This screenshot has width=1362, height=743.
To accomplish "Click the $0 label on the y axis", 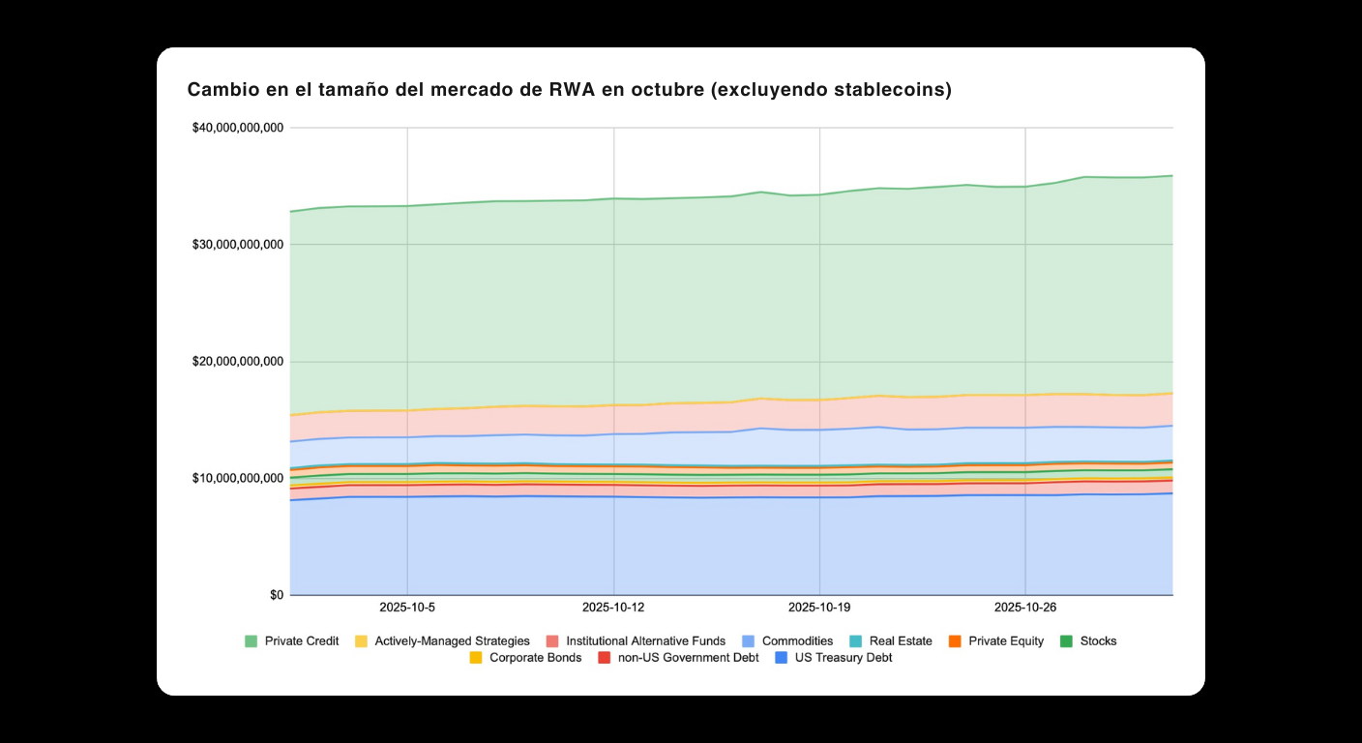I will point(277,595).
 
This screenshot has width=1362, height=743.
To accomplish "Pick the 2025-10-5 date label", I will point(407,608).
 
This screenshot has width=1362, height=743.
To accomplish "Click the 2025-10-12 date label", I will point(613,608).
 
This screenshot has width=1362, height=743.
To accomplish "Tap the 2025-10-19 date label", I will point(819,608).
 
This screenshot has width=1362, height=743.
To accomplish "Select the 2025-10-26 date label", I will point(1025,608).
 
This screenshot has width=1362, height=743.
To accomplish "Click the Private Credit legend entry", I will point(301,640).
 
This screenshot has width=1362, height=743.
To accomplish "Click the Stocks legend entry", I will point(1098,640).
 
